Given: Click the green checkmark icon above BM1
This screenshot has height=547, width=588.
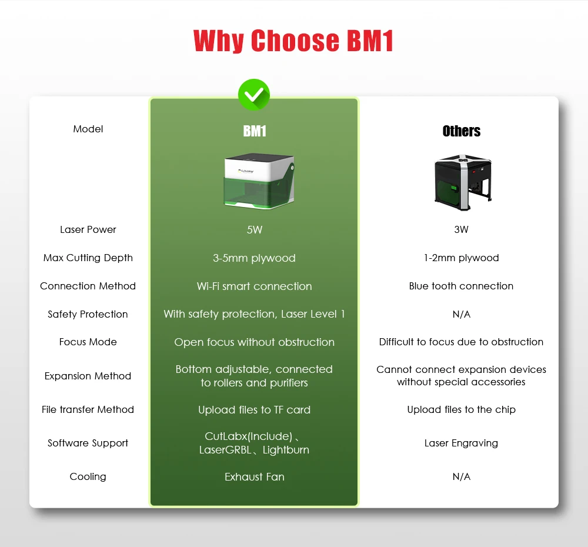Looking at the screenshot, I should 254,94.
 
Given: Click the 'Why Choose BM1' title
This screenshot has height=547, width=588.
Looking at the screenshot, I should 293,41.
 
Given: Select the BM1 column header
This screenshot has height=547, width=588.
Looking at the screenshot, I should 255,131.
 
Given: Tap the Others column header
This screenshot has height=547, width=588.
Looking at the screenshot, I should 462,131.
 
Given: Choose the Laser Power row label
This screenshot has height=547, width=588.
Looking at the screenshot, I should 88,229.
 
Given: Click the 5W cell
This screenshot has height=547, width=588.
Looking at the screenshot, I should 255,229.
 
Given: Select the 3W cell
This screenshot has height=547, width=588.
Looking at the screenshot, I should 462,229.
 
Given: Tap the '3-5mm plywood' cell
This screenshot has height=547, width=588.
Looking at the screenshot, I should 254,258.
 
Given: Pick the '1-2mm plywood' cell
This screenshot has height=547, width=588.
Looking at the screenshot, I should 462,258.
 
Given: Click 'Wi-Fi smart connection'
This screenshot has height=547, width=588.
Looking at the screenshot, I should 254,286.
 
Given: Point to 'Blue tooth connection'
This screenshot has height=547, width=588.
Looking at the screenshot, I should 462,286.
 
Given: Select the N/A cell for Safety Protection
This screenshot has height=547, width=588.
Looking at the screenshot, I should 462,314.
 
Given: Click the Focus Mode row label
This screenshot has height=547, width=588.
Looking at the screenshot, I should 88,342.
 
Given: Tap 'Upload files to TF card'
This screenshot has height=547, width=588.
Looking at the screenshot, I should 254,409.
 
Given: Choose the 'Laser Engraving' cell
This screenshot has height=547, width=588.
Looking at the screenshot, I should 462,443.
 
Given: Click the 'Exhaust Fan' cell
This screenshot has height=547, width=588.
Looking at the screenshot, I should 254,476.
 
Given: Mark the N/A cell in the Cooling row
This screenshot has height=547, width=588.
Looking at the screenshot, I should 462,476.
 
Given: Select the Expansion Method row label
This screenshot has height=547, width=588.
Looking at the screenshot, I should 88,376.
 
